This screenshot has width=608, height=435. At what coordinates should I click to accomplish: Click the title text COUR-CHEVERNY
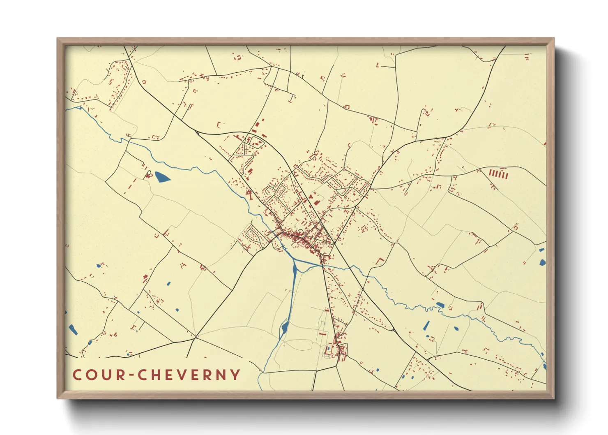click(157, 375)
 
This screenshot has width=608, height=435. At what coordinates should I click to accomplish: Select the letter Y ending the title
click(235, 375)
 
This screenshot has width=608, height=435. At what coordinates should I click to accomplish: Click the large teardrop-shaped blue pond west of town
click(161, 177)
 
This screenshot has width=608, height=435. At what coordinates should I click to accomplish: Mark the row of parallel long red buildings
click(498, 174)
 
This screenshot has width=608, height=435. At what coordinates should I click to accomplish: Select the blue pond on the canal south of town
click(284, 328)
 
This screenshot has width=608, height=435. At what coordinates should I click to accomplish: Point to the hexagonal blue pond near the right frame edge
click(542, 262)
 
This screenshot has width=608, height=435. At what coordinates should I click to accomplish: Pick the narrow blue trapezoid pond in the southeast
click(426, 326)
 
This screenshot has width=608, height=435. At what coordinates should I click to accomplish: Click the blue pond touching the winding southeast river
click(440, 305)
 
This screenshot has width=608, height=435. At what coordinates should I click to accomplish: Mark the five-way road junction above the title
click(195, 337)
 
